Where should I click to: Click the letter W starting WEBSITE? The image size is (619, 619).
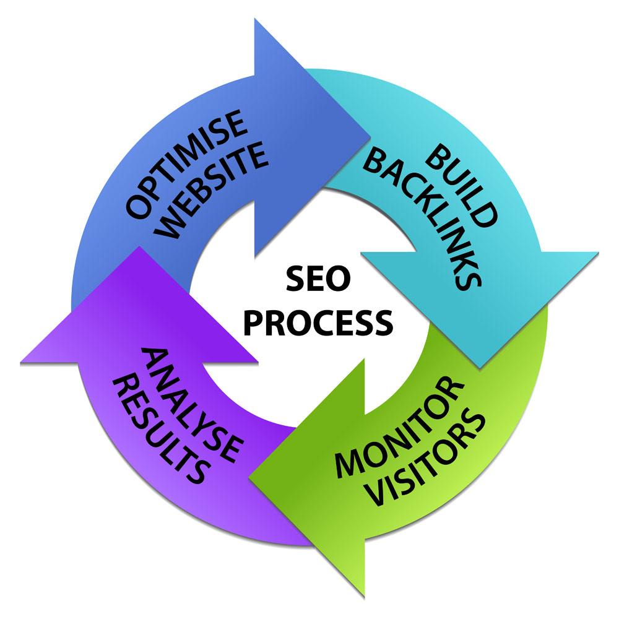pyautogui.click(x=171, y=232)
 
